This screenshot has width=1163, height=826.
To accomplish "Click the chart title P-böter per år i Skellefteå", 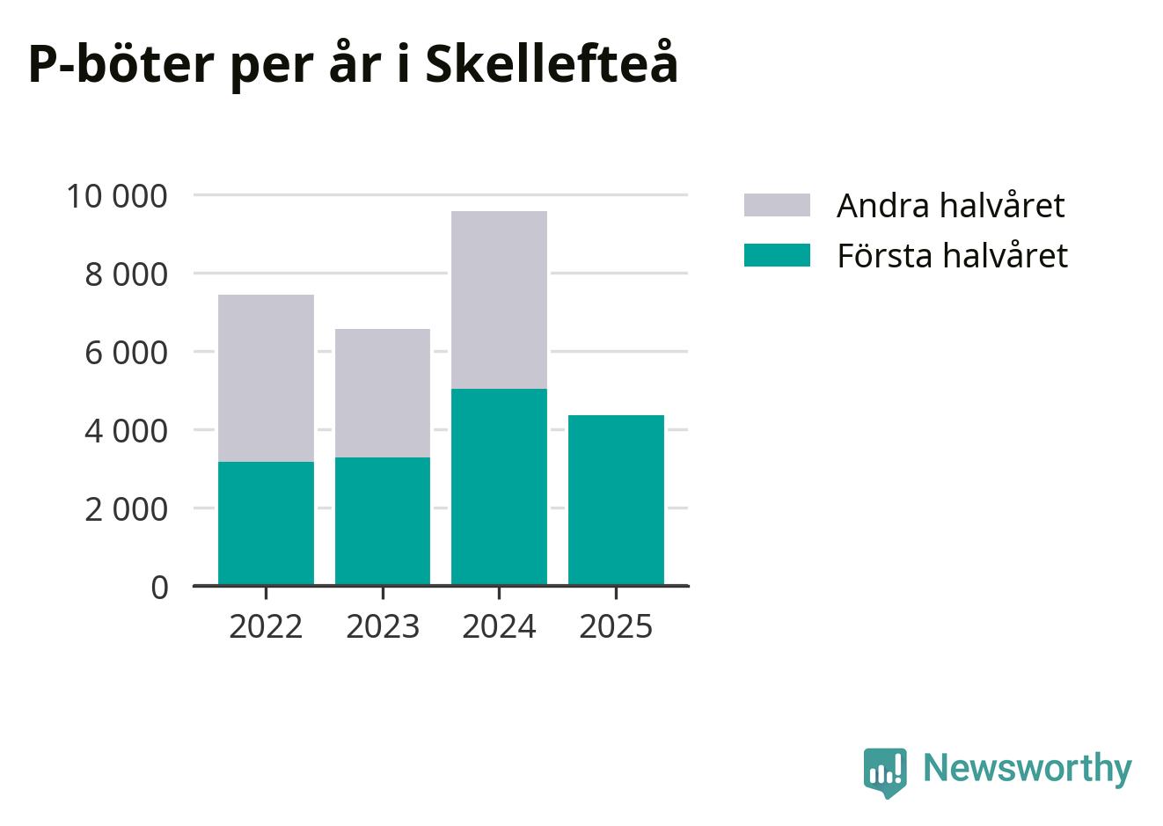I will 353,64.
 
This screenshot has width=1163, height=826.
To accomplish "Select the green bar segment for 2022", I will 266,523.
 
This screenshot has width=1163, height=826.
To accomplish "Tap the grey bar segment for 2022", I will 266,377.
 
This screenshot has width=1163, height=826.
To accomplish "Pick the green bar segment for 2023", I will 383,521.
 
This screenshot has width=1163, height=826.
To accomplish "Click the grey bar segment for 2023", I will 383,392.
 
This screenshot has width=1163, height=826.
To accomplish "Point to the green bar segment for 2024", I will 499,486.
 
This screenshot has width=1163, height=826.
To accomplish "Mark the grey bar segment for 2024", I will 499,299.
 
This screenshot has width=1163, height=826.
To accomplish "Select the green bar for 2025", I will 616,500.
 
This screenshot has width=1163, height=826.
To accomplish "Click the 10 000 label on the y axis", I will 116,195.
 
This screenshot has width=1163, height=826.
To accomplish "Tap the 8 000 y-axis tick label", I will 125,274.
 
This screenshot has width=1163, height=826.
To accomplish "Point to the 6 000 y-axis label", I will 125,352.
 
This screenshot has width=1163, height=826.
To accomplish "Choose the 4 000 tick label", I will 125,430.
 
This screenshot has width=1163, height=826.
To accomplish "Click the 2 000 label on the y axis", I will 125,508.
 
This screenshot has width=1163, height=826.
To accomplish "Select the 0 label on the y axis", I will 159,587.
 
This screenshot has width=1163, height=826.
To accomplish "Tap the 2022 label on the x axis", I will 266,627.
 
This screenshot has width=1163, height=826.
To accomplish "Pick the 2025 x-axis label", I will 616,627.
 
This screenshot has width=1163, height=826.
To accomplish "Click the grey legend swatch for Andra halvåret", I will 777,205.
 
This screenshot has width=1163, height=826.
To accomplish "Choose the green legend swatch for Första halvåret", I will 777,255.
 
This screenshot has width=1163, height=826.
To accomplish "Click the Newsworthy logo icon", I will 884,771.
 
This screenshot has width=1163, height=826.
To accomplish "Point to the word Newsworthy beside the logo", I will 1027,768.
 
